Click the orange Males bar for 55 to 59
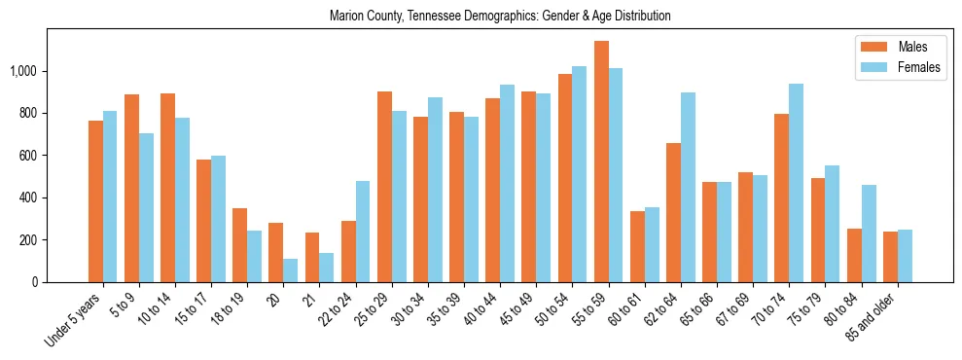(x=601, y=162)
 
